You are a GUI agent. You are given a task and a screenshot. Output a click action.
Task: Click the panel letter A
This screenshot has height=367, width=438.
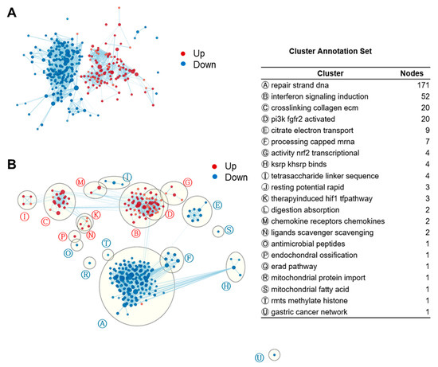pyautogui.click(x=13, y=13)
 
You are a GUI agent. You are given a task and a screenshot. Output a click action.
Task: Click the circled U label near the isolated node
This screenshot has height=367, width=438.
pyautogui.click(x=260, y=357)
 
